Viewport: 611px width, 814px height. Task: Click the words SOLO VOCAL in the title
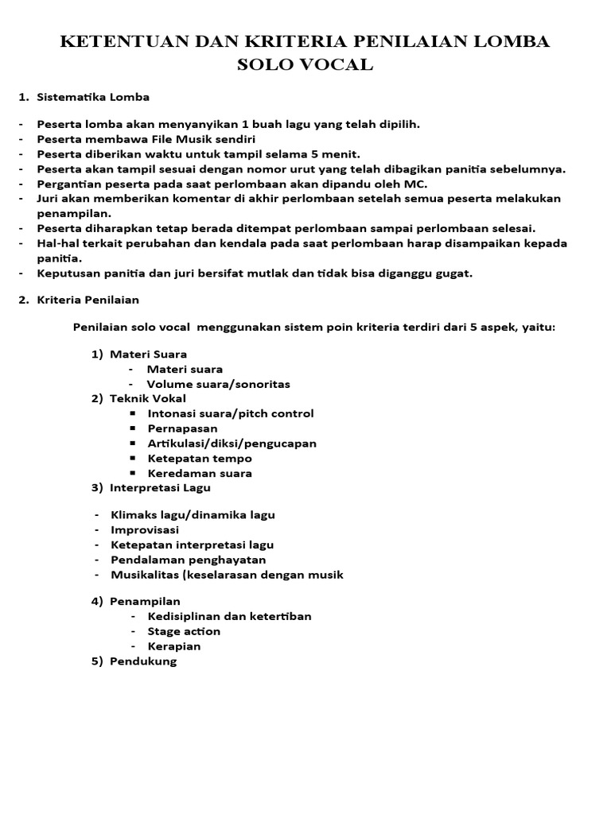[305, 65]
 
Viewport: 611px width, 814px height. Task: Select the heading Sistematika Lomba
[93, 97]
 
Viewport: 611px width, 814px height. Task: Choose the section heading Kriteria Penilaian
[88, 300]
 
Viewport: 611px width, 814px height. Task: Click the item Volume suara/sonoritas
[218, 384]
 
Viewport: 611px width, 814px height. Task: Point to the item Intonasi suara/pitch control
[230, 413]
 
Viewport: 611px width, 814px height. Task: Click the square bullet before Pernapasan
[132, 428]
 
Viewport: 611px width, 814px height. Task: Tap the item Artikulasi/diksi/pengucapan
[232, 443]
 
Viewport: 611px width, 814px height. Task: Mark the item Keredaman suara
[200, 473]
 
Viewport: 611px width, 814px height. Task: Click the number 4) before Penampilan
[97, 601]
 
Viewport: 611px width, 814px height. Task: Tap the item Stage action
[184, 631]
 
